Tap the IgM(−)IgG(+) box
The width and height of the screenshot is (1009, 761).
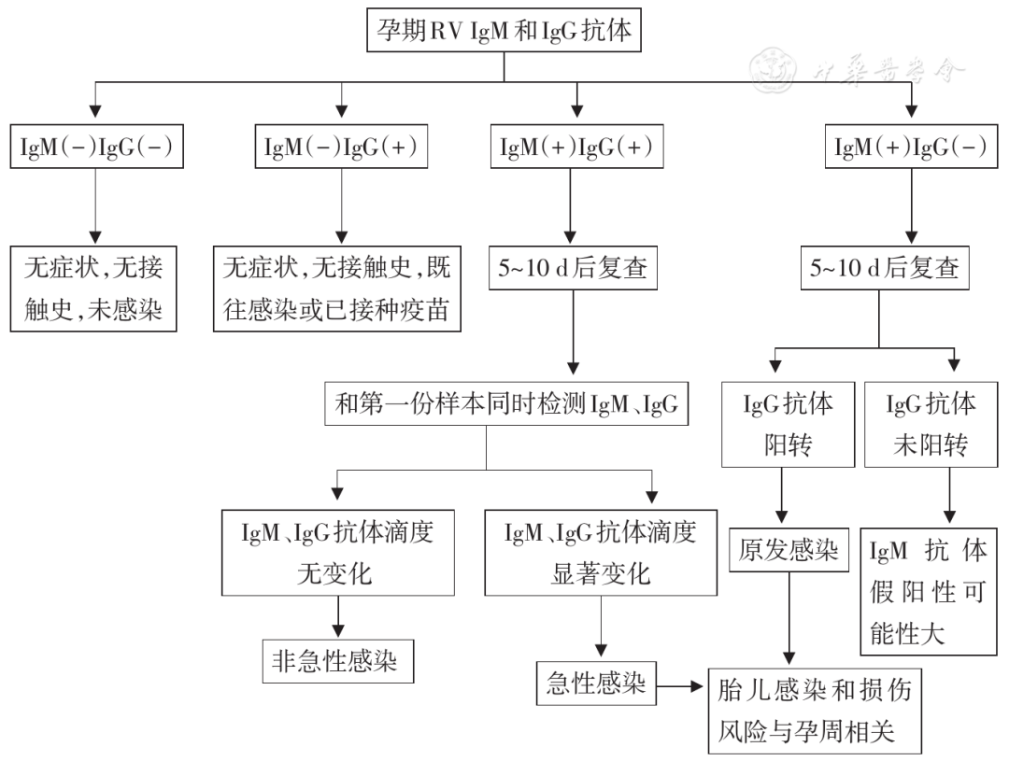(342, 148)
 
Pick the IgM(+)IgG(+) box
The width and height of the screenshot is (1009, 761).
(576, 148)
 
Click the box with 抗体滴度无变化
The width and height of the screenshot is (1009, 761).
(337, 553)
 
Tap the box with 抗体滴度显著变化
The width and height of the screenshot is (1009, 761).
(601, 553)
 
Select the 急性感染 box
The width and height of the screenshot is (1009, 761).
(596, 686)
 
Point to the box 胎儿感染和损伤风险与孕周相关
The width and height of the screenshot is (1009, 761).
(818, 710)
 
